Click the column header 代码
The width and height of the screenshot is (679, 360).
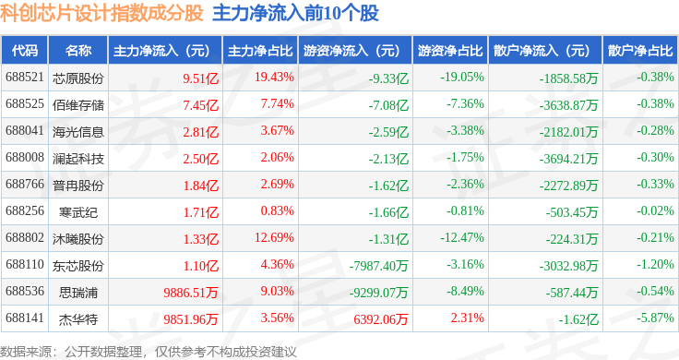tap(25, 51)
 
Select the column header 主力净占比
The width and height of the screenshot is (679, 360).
tap(260, 51)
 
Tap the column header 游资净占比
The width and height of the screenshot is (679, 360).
tap(450, 51)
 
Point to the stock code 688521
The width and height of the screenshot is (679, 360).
tap(25, 78)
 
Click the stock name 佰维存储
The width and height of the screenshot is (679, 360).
tap(78, 105)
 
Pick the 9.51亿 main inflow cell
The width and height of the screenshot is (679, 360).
tap(200, 78)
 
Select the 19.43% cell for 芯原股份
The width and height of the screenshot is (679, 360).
tap(274, 78)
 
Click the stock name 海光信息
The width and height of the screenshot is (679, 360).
tap(78, 132)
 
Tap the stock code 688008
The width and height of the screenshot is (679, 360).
tap(25, 157)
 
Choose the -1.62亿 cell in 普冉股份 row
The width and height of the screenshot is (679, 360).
tap(388, 186)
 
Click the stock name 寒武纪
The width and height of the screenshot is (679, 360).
tap(78, 211)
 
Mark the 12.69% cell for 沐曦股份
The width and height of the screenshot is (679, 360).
tap(274, 237)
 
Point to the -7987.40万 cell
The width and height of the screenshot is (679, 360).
tap(379, 266)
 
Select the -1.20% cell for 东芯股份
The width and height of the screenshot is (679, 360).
tap(655, 264)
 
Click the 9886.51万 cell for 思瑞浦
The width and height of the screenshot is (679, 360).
tap(191, 293)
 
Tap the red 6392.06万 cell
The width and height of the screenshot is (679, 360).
tap(381, 319)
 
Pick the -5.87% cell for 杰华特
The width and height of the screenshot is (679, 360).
tap(655, 318)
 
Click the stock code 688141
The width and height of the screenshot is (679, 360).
tap(25, 318)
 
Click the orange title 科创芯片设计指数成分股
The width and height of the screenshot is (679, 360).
tap(101, 13)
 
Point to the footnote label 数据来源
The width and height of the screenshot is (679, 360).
tap(26, 352)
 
